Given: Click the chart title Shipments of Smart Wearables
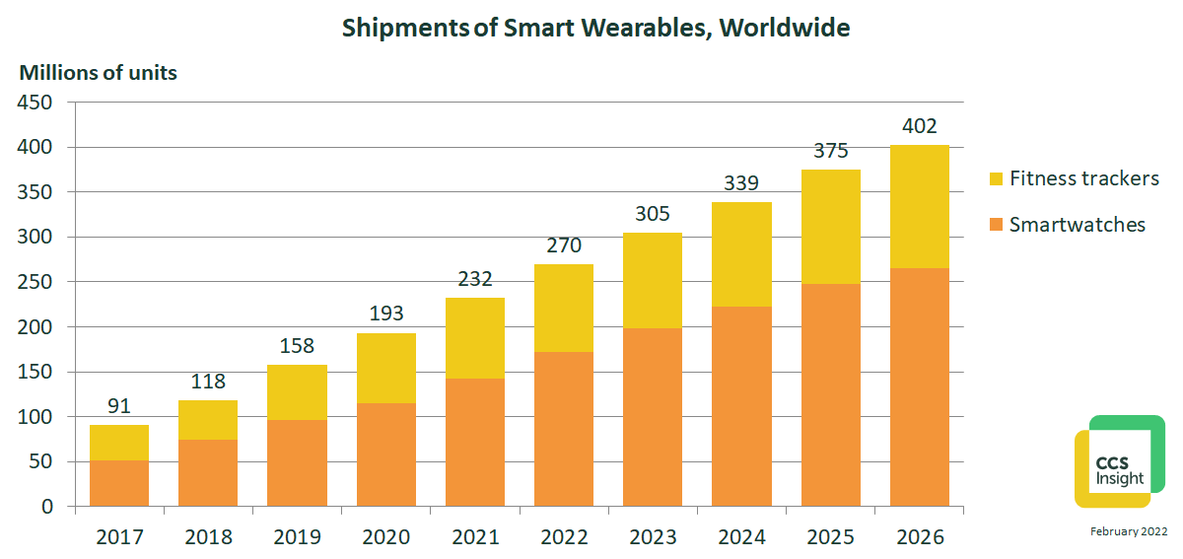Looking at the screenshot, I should [x=595, y=28].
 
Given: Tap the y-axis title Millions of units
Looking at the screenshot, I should [x=99, y=73].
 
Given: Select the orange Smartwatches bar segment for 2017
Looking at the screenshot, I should [x=119, y=483].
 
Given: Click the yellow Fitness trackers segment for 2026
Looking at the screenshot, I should [x=919, y=206].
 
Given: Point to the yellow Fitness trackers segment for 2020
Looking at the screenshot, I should [x=385, y=368].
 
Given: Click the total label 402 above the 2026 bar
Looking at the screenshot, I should [x=919, y=127].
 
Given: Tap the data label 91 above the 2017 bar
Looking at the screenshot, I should [x=119, y=406].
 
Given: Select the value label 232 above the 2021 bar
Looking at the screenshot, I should [x=474, y=280].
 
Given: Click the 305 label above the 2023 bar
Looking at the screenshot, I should [x=653, y=214].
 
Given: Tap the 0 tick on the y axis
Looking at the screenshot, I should [x=47, y=507].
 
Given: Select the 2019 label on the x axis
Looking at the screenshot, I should [x=297, y=537].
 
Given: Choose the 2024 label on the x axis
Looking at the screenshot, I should [x=741, y=537].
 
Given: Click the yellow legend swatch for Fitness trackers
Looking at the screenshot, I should [x=995, y=179].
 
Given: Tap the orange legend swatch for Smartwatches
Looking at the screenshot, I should [x=995, y=225].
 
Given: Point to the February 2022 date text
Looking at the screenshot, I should [x=1128, y=532].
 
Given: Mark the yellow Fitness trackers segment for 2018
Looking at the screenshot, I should [x=208, y=419].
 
